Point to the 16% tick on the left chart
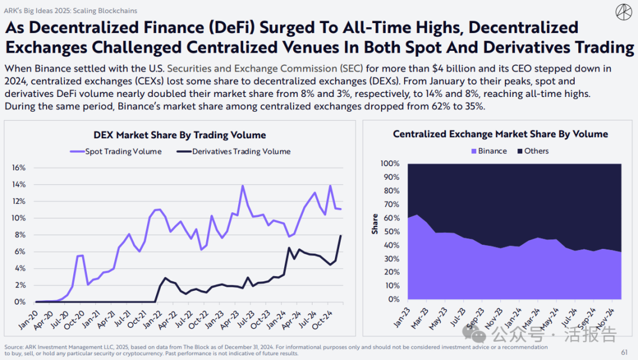(x=19, y=168)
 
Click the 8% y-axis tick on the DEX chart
(x=21, y=235)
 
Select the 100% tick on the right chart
(x=390, y=163)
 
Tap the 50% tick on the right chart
(x=392, y=231)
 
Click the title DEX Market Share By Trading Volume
(x=180, y=135)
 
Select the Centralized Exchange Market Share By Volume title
(x=500, y=134)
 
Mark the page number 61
(x=624, y=352)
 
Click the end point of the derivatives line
(x=340, y=235)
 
